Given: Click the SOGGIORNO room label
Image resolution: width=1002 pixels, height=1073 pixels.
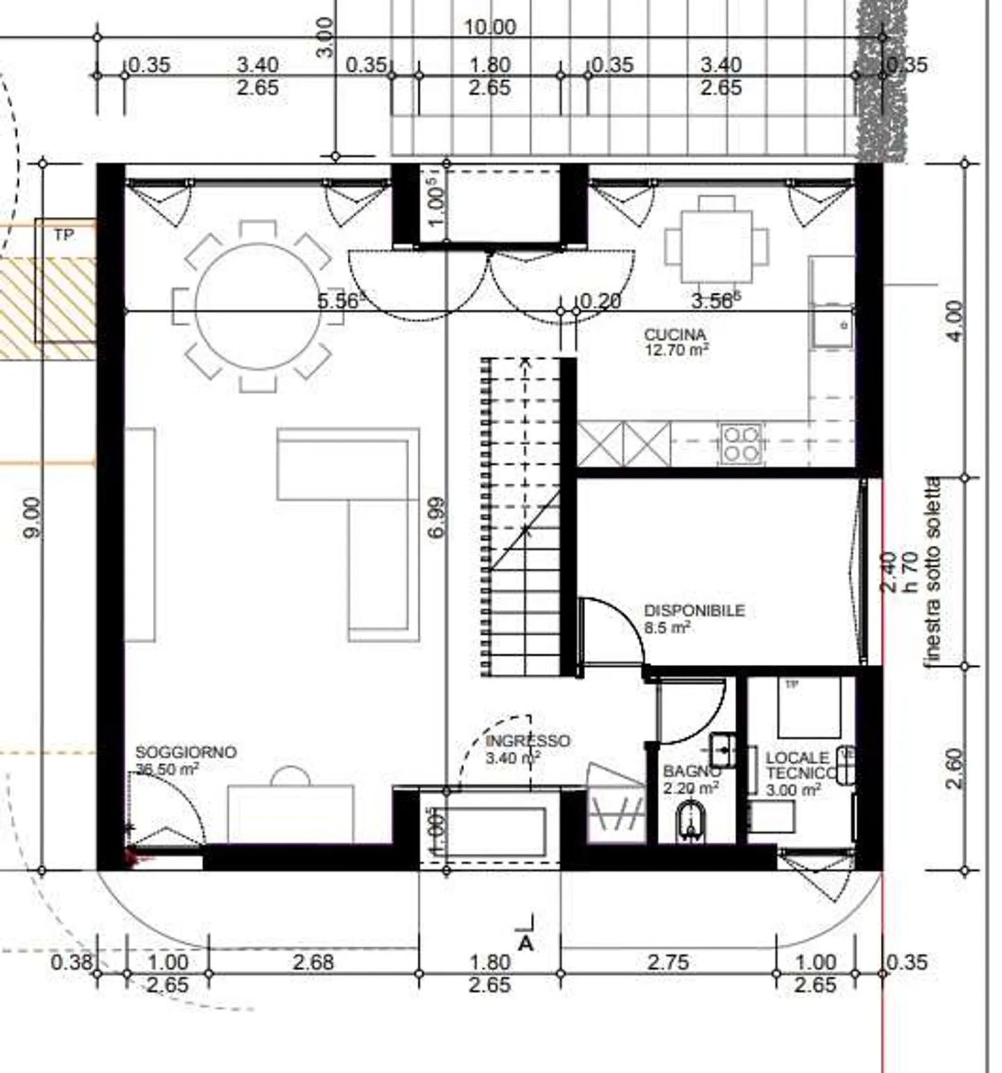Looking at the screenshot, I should (186, 752).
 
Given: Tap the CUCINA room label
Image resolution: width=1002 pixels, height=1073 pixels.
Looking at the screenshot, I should (674, 335).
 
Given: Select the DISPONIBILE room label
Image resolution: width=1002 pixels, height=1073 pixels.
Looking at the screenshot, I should (694, 611).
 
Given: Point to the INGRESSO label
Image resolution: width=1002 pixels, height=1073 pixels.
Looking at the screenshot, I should (527, 741).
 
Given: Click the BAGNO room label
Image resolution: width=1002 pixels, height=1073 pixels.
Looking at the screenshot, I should (690, 771).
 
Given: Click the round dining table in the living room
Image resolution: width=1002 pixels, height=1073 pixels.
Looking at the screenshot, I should (258, 306).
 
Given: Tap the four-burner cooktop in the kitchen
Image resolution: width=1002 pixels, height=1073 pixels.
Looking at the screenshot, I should (740, 444).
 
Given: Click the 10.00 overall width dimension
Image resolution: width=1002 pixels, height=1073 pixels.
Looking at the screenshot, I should (490, 27).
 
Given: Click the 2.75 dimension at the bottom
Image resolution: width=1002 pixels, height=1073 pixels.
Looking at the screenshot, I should (667, 962).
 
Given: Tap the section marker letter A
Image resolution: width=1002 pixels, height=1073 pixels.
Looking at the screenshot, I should (526, 943).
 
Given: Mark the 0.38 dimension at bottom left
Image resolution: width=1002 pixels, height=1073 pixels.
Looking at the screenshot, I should (71, 962).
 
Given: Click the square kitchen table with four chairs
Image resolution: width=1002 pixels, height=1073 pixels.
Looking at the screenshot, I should (717, 246).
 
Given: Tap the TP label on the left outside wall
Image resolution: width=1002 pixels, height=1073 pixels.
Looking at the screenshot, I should (63, 235).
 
